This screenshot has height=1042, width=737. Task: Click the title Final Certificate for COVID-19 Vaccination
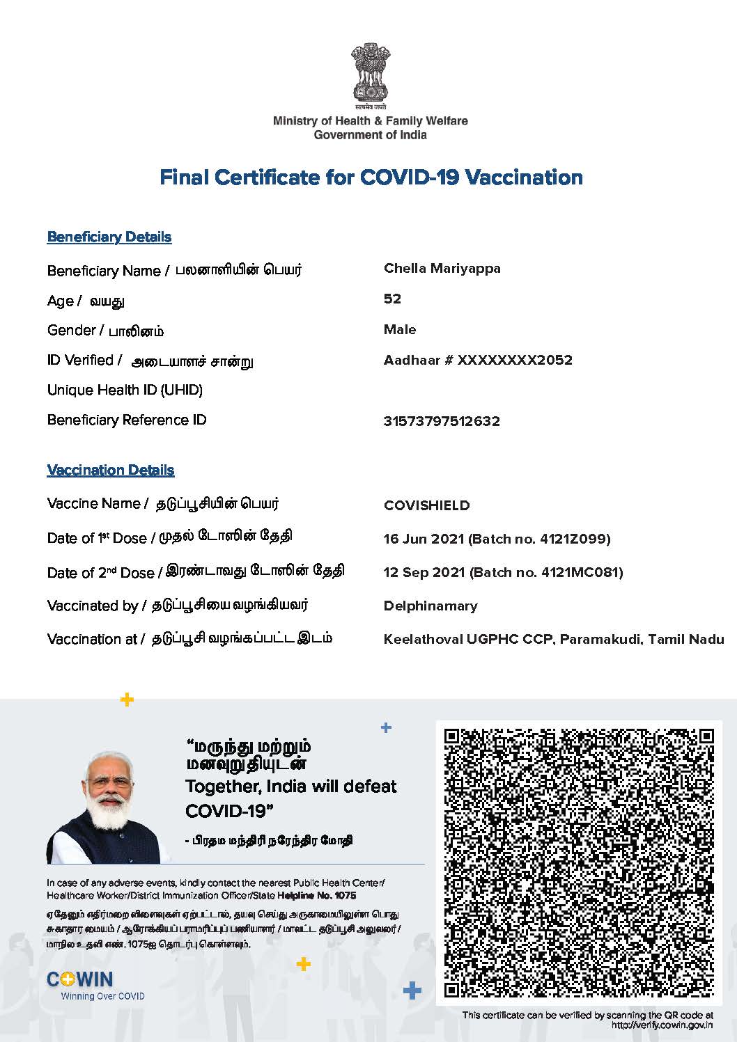(x=371, y=177)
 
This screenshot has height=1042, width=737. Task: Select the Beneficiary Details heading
(x=109, y=237)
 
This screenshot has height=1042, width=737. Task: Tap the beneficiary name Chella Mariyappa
(x=442, y=269)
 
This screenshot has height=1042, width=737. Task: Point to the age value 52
(x=392, y=299)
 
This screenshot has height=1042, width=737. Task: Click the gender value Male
(x=400, y=330)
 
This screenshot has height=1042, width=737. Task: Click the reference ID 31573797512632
(x=442, y=421)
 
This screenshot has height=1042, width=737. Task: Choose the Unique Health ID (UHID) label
(x=125, y=390)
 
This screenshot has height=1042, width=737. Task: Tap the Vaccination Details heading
(x=110, y=471)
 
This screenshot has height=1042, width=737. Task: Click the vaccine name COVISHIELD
(x=426, y=505)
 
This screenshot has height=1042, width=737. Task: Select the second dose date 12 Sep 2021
(x=424, y=572)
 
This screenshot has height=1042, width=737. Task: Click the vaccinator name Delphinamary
(x=430, y=606)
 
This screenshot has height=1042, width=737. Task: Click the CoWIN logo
(x=79, y=979)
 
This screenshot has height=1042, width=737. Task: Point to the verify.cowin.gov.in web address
(x=662, y=1025)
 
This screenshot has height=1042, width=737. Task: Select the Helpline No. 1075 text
(x=316, y=895)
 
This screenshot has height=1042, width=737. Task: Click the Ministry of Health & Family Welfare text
(x=370, y=121)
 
